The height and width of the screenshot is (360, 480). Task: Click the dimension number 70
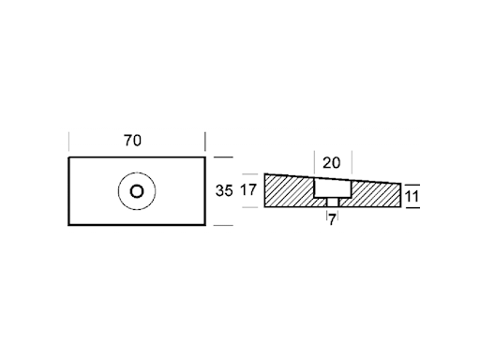pyautogui.click(x=132, y=141)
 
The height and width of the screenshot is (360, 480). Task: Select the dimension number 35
pyautogui.click(x=224, y=190)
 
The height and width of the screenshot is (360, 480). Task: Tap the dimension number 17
pyautogui.click(x=248, y=190)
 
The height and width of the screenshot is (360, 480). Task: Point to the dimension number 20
pyautogui.click(x=331, y=163)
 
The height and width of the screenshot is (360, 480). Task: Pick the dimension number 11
pyautogui.click(x=412, y=197)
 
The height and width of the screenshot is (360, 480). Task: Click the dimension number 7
pyautogui.click(x=332, y=220)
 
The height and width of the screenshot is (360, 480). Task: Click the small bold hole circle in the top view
pyautogui.click(x=137, y=191)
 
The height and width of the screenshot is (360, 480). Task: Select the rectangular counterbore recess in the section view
pyautogui.click(x=333, y=188)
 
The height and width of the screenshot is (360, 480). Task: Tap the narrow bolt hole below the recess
pyautogui.click(x=333, y=202)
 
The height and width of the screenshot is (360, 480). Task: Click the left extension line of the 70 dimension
pyautogui.click(x=68, y=142)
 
